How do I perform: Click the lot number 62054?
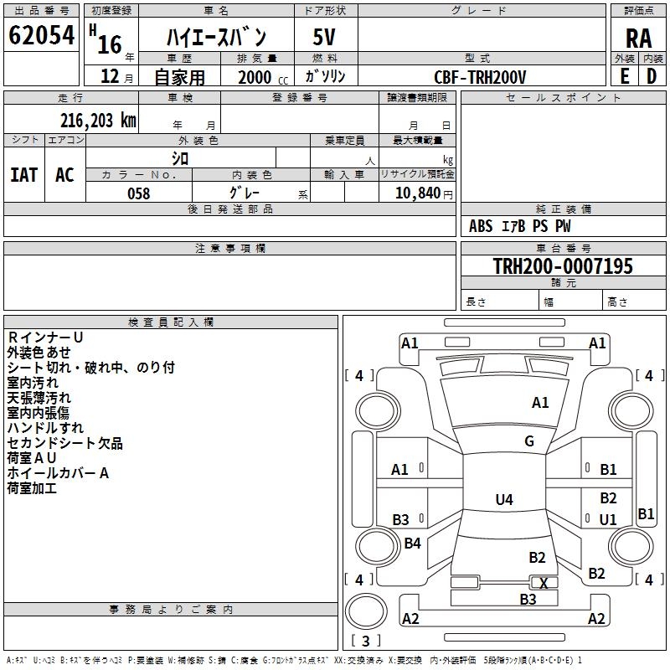click(41, 35)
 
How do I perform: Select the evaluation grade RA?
click(638, 39)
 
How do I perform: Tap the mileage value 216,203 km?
click(98, 121)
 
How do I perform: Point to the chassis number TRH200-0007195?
click(563, 265)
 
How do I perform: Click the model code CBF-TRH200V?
click(480, 77)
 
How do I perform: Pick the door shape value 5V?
click(324, 37)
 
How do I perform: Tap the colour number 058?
click(139, 193)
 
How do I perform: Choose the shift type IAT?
click(24, 175)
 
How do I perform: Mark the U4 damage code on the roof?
click(504, 499)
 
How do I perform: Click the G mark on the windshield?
click(529, 441)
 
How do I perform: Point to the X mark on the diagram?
click(544, 583)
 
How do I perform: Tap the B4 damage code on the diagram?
click(412, 543)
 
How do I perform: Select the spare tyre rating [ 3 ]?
click(366, 641)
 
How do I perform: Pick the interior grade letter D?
click(652, 76)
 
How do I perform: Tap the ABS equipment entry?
click(481, 226)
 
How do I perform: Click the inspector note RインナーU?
click(45, 338)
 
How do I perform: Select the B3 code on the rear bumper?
click(528, 600)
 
